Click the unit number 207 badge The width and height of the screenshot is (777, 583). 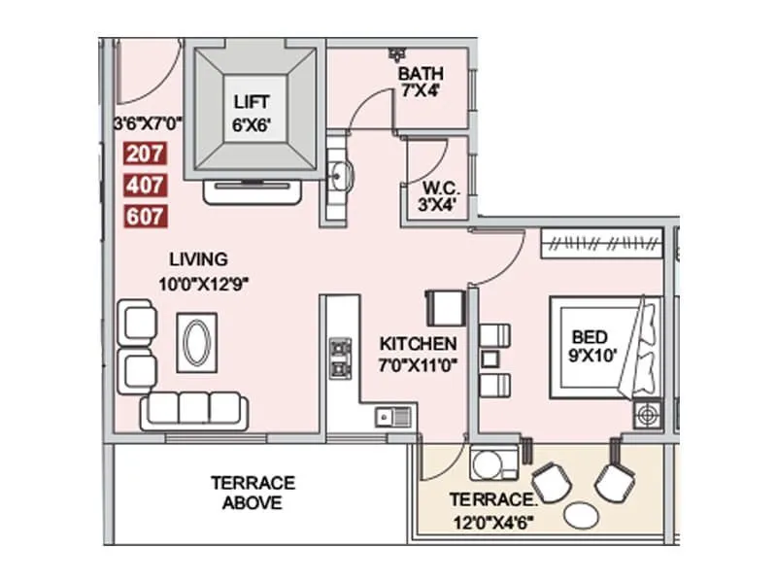(x=146, y=153)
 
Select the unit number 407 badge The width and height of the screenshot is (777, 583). (x=146, y=185)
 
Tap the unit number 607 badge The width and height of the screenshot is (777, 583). (x=146, y=217)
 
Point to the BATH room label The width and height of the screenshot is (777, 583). (x=421, y=74)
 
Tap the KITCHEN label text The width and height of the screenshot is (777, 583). (x=418, y=344)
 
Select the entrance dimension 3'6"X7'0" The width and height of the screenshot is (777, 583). (x=147, y=123)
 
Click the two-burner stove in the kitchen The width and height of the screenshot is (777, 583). (x=341, y=359)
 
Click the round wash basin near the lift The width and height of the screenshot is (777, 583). (x=340, y=176)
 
